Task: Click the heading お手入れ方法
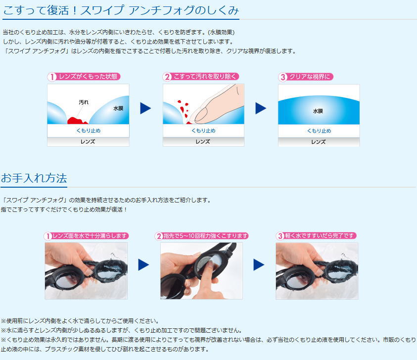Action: (34, 178)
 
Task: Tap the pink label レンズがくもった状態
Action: (84, 77)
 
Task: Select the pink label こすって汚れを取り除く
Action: (201, 77)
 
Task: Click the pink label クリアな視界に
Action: (306, 77)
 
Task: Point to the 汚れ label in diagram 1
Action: (84, 102)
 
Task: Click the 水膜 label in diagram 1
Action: (118, 108)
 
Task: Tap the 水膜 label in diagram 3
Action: (318, 111)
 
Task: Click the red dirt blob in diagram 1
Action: (77, 121)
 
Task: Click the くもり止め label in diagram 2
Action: (203, 130)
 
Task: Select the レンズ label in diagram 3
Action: (319, 142)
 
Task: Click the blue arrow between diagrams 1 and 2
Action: (145, 108)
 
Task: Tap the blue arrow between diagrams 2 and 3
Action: (261, 108)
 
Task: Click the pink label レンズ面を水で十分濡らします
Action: (87, 236)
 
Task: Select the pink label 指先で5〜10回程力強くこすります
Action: (202, 236)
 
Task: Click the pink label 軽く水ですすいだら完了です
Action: (316, 236)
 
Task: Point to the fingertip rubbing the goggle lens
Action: (210, 265)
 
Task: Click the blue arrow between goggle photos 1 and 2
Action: (143, 264)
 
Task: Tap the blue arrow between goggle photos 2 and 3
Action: (259, 264)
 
